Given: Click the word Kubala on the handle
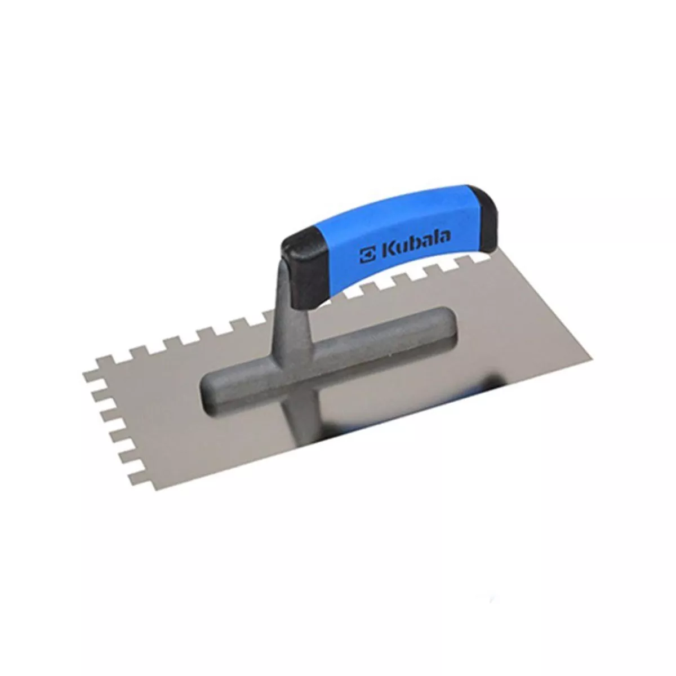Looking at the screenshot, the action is click(416, 244).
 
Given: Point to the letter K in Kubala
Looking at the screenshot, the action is click(389, 250).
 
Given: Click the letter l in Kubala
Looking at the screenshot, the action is click(434, 238).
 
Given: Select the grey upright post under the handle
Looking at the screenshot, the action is click(292, 315).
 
